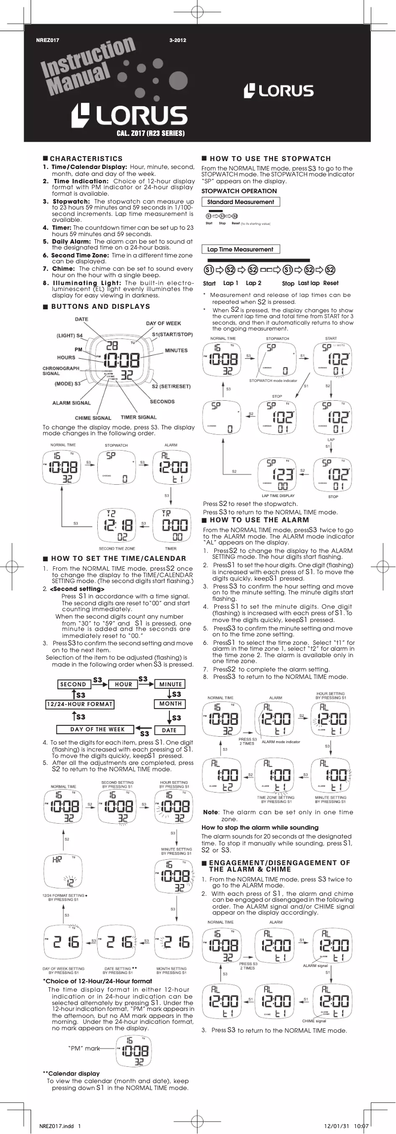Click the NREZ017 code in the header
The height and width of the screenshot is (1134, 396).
[48, 41]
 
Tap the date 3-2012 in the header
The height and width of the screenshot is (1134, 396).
[177, 41]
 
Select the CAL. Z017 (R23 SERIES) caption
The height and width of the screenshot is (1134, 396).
[151, 133]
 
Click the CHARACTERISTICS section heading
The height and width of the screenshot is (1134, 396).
[86, 159]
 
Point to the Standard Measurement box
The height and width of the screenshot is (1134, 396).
[240, 202]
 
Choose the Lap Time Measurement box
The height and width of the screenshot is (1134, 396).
[240, 250]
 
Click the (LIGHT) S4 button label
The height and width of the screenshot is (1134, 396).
[69, 336]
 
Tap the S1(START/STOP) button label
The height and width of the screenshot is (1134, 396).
[172, 335]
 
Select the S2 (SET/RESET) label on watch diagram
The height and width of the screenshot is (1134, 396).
[171, 386]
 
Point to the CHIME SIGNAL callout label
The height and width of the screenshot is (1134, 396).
[93, 418]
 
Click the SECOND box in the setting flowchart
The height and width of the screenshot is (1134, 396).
[73, 684]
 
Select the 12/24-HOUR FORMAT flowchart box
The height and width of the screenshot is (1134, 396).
[79, 704]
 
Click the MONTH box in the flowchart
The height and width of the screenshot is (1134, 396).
[170, 704]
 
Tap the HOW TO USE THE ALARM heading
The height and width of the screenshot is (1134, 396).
[259, 520]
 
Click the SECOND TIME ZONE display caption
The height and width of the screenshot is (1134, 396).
[117, 548]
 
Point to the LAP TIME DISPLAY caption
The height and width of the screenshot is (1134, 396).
[278, 496]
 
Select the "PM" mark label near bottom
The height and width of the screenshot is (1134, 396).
[84, 1048]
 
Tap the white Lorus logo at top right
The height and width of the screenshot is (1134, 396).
[279, 91]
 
